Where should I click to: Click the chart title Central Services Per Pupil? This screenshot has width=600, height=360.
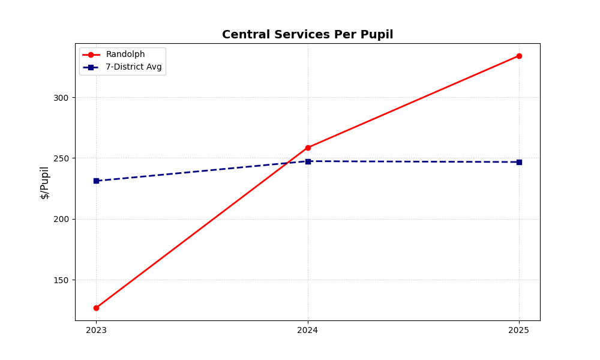point(307,35)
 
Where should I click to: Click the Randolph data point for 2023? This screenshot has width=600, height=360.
point(96,308)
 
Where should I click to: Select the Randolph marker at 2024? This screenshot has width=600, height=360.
point(308,148)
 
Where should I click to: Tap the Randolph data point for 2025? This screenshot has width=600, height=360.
point(519,56)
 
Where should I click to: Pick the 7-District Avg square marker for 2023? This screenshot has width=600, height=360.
point(96,181)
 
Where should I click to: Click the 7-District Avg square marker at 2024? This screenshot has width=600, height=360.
point(308,161)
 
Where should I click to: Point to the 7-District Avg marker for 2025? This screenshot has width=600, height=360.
point(519,162)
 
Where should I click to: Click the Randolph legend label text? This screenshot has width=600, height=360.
point(125,55)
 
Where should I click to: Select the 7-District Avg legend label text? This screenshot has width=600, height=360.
point(134,67)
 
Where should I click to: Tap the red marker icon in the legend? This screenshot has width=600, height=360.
point(91,55)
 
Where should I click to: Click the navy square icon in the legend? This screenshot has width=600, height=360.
point(91,67)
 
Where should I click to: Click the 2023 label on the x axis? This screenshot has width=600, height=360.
point(96,330)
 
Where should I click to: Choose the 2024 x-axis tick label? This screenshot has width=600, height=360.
point(308,330)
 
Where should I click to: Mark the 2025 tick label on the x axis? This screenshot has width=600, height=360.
point(519,330)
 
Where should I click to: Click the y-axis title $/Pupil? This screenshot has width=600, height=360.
point(45,182)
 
